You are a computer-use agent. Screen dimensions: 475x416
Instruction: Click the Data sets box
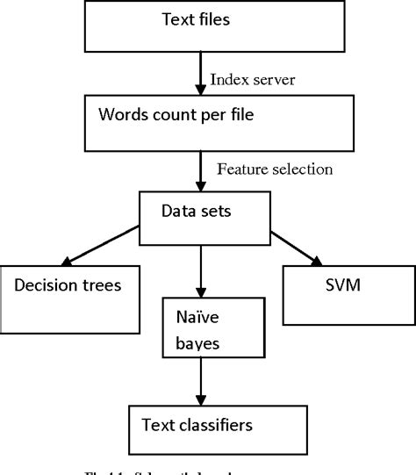204,212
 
